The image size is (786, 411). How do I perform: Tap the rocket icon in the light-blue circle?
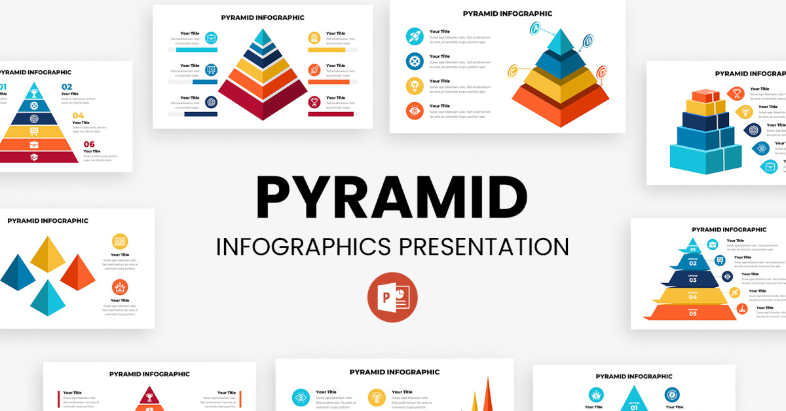pyautogui.click(x=414, y=36)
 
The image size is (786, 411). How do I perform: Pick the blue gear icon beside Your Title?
pyautogui.click(x=414, y=61)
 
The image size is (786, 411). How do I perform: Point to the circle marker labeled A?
pyautogui.click(x=534, y=28)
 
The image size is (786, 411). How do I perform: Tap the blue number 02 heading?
pyautogui.click(x=67, y=87)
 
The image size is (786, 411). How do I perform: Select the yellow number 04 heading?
pyautogui.click(x=78, y=115)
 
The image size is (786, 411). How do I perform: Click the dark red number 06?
pyautogui.click(x=89, y=144)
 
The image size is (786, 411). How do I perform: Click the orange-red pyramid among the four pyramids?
pyautogui.click(x=79, y=273)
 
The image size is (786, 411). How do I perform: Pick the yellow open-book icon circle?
pyautogui.click(x=120, y=241)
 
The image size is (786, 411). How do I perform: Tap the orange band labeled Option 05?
pyautogui.click(x=692, y=313)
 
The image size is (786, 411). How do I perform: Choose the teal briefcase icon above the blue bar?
pyautogui.click(x=212, y=37)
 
